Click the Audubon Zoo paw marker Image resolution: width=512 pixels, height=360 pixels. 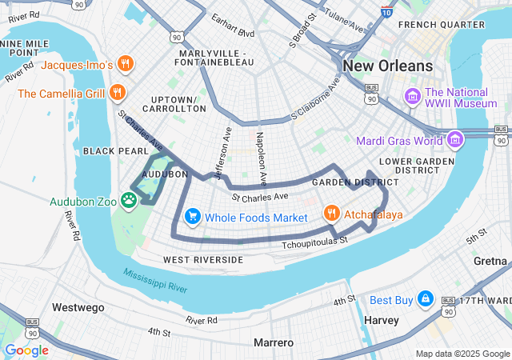(129, 198)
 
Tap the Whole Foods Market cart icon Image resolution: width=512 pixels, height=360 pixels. (192, 217)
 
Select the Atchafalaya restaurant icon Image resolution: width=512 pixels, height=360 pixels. (330, 213)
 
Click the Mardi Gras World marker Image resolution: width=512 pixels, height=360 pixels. (455, 140)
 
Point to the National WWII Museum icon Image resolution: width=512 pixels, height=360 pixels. (413, 97)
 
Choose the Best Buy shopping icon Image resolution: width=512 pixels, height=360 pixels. (425, 299)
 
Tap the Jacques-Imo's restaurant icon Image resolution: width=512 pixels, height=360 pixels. (124, 63)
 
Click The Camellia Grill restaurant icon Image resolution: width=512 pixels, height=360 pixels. (118, 92)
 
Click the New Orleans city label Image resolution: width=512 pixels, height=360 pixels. (387, 66)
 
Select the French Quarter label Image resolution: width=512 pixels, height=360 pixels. (441, 24)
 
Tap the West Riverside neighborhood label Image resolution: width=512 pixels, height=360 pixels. (202, 260)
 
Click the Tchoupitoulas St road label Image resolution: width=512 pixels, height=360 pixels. (315, 240)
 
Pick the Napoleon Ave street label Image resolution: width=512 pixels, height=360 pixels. (261, 155)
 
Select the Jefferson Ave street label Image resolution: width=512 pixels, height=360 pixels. (223, 152)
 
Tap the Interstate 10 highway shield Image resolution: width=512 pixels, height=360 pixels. (386, 12)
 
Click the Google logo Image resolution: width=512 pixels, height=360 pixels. (26, 350)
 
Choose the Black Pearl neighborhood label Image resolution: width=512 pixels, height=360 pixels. (116, 150)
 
